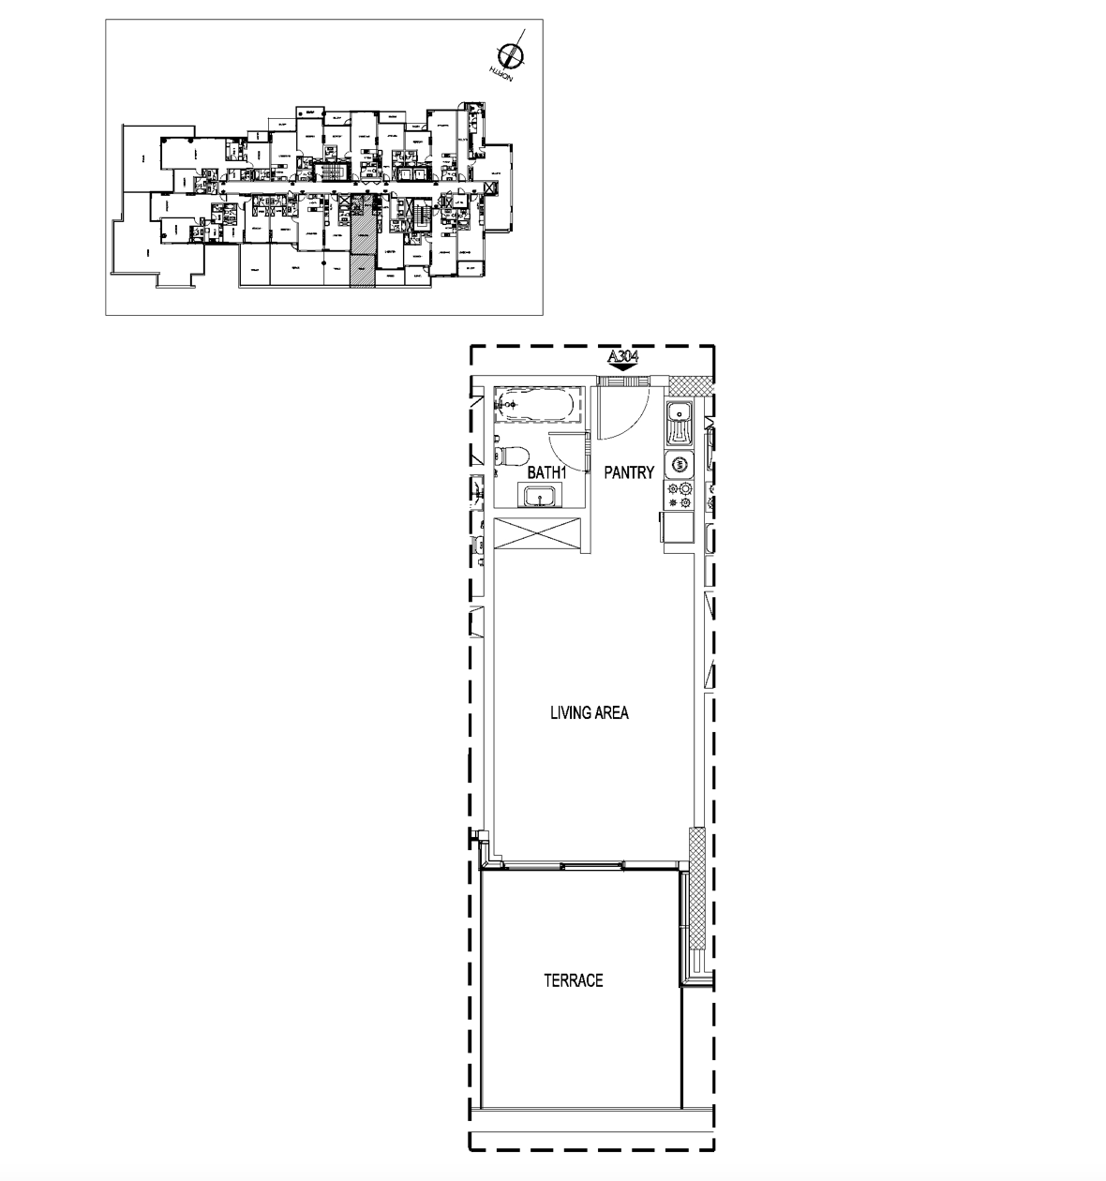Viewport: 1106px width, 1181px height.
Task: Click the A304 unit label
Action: click(624, 356)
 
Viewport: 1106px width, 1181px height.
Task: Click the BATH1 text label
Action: click(548, 473)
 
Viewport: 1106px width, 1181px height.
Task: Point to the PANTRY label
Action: click(628, 473)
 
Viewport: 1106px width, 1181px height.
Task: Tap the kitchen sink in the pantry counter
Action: click(680, 423)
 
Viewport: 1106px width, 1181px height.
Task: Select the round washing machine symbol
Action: click(680, 464)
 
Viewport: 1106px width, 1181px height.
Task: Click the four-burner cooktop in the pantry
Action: click(680, 497)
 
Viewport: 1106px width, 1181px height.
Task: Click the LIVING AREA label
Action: click(589, 713)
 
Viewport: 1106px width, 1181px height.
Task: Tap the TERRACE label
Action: click(573, 981)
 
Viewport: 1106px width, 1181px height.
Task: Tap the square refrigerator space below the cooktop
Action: click(680, 530)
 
